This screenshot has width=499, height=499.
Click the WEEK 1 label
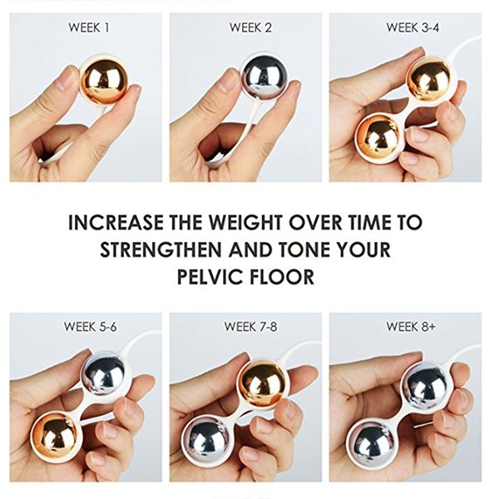(x=89, y=27)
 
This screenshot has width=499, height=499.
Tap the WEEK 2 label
(x=251, y=27)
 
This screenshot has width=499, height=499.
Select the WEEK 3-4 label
(x=413, y=27)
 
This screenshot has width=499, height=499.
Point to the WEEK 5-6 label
(x=91, y=327)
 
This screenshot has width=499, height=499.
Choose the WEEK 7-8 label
(x=251, y=327)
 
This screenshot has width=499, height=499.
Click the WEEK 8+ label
(x=411, y=327)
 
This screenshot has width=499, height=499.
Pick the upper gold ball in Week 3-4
(x=430, y=78)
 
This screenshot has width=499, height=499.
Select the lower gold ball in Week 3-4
(x=377, y=137)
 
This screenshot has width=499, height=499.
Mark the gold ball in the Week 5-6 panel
(x=55, y=435)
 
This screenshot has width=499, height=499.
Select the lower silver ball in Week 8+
(x=371, y=441)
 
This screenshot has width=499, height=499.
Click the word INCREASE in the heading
(x=116, y=222)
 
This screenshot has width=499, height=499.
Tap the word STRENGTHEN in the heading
(x=161, y=249)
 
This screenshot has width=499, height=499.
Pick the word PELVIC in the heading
(x=208, y=277)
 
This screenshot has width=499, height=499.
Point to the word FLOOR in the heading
(x=282, y=277)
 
